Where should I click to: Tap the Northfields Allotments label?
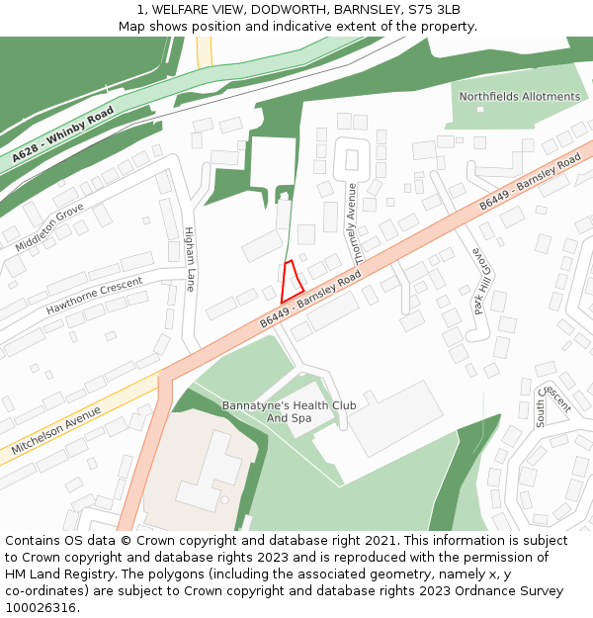click(x=520, y=97)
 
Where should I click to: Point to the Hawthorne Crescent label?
click(x=95, y=296)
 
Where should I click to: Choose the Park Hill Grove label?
click(x=481, y=281)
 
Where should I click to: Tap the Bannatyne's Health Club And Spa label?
click(x=289, y=411)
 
